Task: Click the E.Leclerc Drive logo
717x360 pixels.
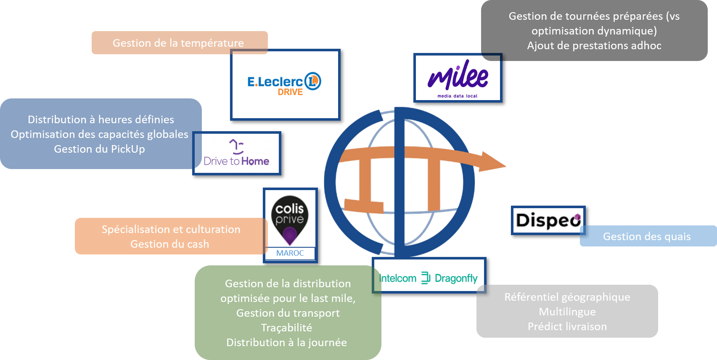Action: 284,85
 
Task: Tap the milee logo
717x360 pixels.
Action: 458,78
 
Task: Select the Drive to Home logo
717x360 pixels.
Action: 237,154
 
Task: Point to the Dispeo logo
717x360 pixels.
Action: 548,220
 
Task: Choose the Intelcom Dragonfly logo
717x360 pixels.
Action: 429,278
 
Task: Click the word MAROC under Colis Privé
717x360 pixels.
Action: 290,253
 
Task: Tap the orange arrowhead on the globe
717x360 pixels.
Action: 492,162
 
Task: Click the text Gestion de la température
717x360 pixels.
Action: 178,43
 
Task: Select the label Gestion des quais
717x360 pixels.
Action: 647,236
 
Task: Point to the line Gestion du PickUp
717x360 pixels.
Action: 99,149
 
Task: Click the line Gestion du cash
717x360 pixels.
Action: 169,244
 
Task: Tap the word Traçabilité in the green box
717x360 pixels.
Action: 286,328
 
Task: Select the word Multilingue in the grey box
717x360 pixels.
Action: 567,312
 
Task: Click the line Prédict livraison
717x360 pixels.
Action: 567,326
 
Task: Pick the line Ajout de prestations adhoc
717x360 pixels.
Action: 594,45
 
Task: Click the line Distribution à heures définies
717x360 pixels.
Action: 101,119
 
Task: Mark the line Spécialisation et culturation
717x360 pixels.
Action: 171,229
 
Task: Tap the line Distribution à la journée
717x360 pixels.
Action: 286,342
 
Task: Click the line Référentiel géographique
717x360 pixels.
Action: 567,297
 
